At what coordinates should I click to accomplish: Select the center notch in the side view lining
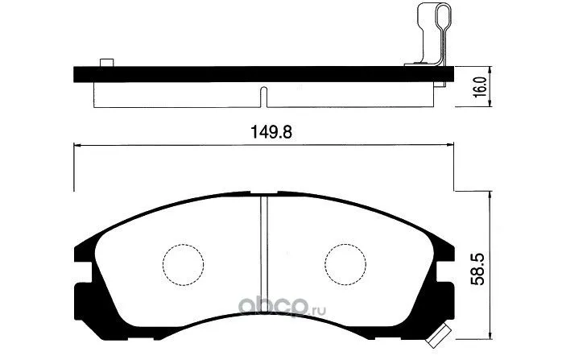coord(264,96)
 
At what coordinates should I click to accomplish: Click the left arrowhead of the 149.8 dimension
coord(77,146)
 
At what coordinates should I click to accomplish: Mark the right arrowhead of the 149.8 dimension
coord(450,146)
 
